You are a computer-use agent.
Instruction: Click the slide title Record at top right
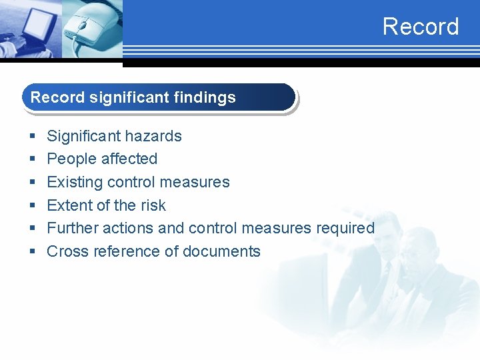pos(421,27)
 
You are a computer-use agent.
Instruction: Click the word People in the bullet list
pos(65,159)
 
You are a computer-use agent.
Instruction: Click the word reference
pos(123,251)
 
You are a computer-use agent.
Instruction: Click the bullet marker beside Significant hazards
pos(33,137)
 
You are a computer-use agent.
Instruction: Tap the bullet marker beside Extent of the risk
pos(33,206)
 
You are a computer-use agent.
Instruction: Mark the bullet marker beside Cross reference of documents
pos(33,252)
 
